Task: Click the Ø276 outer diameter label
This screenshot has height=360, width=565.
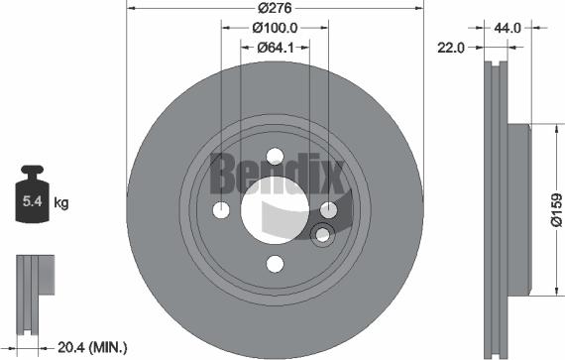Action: pos(275,8)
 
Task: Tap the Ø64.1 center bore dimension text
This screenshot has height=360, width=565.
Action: pos(275,47)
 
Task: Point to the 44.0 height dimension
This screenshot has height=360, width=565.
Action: pos(508,30)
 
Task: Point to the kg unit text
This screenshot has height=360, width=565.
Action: pos(60,203)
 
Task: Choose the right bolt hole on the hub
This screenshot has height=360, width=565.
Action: pos(328,208)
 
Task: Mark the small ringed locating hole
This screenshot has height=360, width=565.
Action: pos(321,235)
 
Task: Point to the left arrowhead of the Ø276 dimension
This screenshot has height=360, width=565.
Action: pos(131,8)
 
